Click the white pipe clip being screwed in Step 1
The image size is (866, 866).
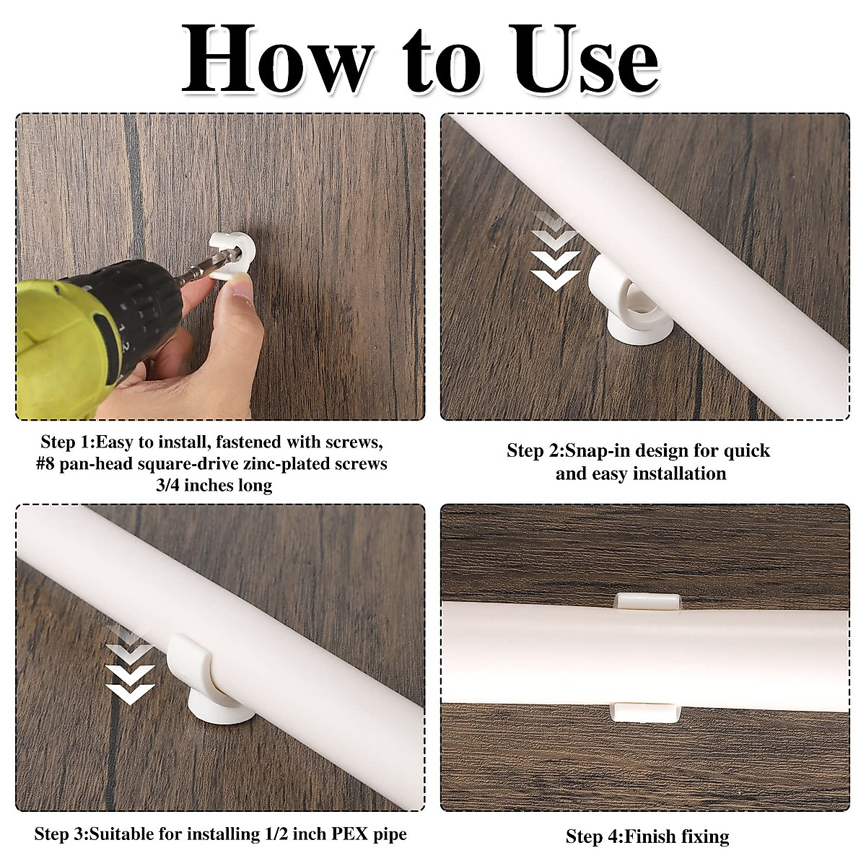[232, 257]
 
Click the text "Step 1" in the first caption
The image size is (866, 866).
[66, 442]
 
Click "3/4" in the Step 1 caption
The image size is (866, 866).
[168, 486]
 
